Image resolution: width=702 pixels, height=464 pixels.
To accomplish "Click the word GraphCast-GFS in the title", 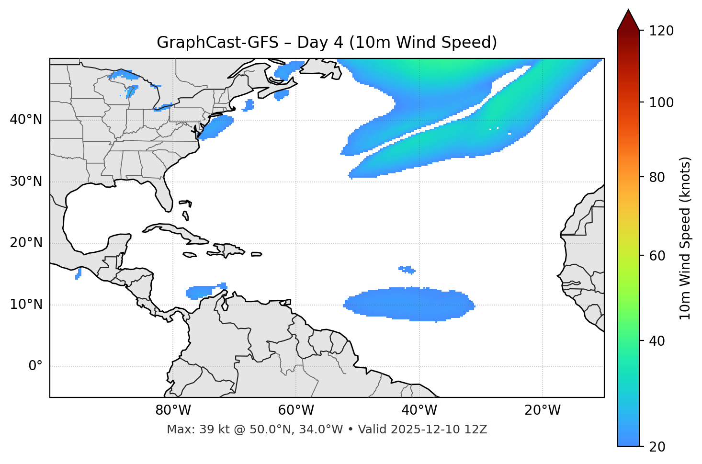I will (217, 43).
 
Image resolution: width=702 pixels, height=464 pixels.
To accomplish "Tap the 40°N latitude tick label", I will (26, 120).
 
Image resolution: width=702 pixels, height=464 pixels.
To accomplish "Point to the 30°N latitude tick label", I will (26, 181).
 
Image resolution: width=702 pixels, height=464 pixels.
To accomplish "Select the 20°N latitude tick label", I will (26, 243).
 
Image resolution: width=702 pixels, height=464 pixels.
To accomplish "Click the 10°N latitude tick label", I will (26, 305).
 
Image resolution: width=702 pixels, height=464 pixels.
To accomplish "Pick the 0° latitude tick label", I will (35, 366).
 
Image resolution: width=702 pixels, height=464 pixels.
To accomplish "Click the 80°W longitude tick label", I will (173, 410).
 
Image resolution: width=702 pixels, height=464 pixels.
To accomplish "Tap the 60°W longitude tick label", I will (296, 410).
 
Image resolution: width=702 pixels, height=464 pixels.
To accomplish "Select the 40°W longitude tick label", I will (419, 410).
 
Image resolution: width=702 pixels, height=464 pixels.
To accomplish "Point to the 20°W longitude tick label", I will (542, 410).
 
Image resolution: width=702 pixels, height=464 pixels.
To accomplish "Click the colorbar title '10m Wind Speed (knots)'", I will (686, 238).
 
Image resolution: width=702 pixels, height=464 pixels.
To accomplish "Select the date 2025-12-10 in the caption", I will (421, 430).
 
